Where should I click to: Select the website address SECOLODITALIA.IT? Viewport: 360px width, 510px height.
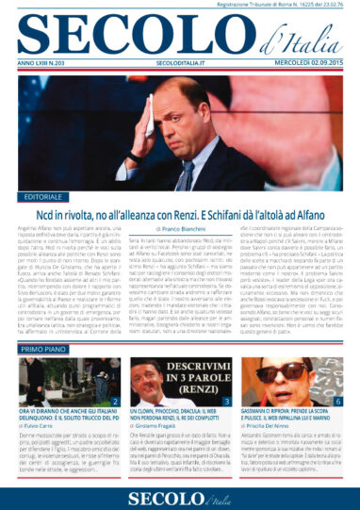click(x=180, y=61)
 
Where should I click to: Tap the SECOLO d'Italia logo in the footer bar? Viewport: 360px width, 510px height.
click(x=180, y=494)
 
